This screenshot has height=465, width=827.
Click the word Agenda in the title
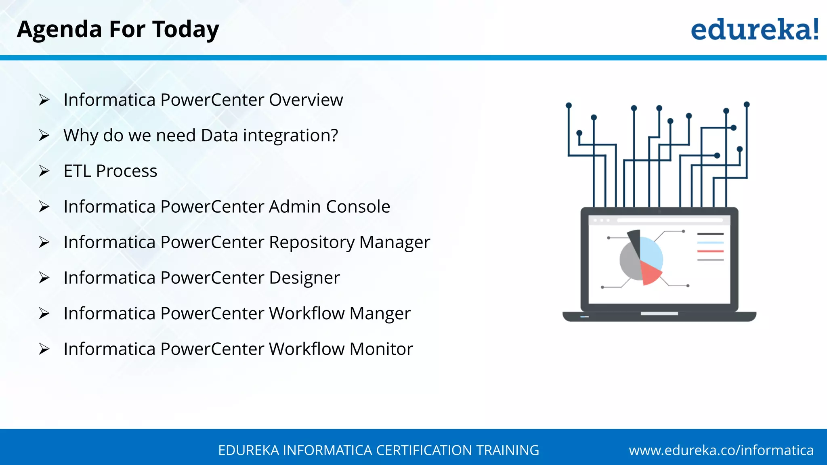click(x=59, y=30)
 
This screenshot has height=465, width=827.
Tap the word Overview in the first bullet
click(x=306, y=100)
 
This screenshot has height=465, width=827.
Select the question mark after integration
click(x=334, y=135)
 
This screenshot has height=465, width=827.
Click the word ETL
click(x=77, y=171)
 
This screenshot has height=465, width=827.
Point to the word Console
click(x=358, y=206)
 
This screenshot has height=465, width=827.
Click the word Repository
click(x=311, y=242)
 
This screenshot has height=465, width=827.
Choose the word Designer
click(x=304, y=278)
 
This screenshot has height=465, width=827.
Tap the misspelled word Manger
click(x=380, y=314)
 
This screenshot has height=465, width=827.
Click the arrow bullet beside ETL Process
click(x=44, y=171)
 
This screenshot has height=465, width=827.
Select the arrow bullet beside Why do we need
click(x=44, y=135)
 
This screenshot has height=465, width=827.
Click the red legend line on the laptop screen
click(x=710, y=251)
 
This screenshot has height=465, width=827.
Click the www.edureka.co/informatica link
click(x=721, y=450)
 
